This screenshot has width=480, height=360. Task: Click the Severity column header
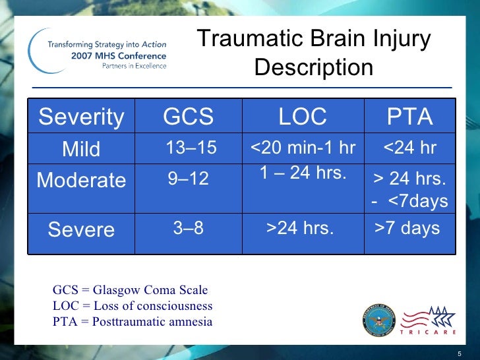tap(81, 117)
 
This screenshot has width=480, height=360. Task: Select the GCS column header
tap(188, 117)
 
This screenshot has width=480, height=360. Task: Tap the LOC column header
tap(303, 117)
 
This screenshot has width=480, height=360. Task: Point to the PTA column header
tap(409, 117)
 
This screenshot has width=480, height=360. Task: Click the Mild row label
tap(81, 149)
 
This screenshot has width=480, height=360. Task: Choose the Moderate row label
tap(81, 180)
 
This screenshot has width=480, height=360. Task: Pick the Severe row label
tap(81, 229)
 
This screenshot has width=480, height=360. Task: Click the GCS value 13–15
tap(191, 148)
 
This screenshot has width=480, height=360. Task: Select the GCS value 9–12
tap(188, 178)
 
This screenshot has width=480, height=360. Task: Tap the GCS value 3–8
tap(188, 228)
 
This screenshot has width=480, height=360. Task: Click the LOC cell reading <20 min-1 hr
tap(303, 148)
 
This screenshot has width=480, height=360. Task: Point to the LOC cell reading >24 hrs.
tap(300, 228)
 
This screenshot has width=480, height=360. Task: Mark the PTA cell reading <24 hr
tap(409, 148)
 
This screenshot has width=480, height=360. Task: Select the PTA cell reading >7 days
tap(407, 228)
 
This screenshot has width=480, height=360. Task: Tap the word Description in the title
tap(313, 67)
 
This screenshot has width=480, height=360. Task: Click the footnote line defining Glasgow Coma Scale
tap(130, 290)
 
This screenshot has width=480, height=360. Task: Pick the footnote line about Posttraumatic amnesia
tap(133, 322)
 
